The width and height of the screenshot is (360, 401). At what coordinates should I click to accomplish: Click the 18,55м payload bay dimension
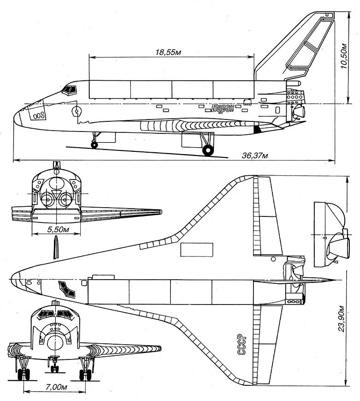click(168, 52)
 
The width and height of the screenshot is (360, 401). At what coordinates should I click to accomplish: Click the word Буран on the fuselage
click(224, 109)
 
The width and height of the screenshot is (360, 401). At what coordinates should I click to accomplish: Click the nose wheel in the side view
click(94, 145)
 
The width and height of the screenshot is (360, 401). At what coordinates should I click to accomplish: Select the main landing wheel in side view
click(208, 150)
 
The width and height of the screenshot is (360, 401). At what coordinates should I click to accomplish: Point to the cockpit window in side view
click(70, 90)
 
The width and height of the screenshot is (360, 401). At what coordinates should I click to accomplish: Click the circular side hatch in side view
click(77, 111)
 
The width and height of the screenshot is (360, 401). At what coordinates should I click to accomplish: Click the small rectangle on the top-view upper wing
click(197, 250)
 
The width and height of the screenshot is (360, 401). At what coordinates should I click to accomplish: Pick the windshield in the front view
click(55, 314)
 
